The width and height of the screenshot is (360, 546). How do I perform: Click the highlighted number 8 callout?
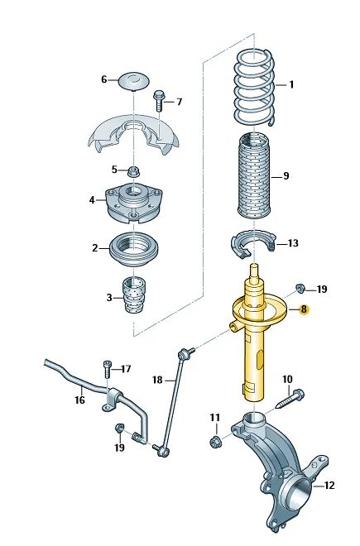tap(304, 309)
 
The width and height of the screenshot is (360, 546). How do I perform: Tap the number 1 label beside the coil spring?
tap(291, 84)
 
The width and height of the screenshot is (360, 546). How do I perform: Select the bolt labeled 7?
tap(159, 100)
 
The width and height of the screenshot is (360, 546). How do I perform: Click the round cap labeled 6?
tap(134, 81)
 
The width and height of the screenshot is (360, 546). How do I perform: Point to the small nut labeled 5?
tap(132, 171)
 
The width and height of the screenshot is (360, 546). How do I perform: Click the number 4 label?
tap(92, 200)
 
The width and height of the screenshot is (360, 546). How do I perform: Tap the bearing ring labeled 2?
tap(134, 250)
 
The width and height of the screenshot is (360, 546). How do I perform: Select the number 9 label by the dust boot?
tap(286, 176)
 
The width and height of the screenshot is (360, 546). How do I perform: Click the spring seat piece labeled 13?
tap(253, 245)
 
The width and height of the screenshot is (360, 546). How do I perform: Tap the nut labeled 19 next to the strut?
tap(300, 289)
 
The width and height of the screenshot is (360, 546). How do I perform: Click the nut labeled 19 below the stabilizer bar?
tap(119, 428)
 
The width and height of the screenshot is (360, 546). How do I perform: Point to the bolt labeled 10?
tap(290, 400)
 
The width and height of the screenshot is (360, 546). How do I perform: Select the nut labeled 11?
tap(214, 443)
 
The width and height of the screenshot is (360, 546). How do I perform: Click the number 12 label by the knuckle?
tap(329, 485)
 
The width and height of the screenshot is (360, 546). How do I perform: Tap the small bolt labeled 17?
tap(107, 370)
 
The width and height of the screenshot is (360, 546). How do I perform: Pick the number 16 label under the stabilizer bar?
tap(79, 400)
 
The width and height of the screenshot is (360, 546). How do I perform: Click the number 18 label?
tap(157, 380)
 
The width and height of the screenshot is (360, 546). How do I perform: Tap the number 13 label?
tap(293, 243)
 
